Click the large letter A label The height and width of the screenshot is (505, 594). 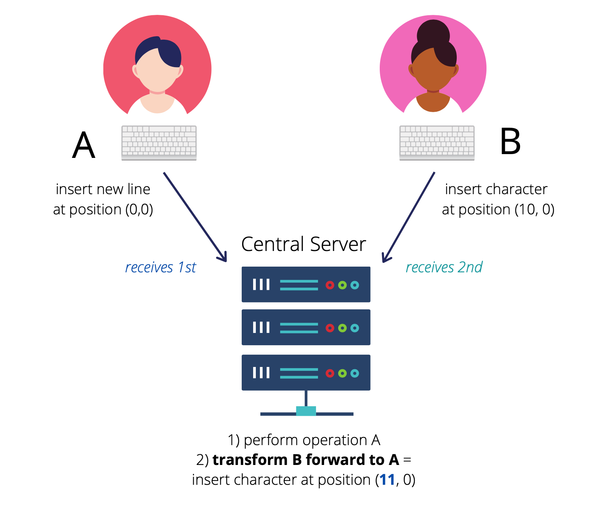click(83, 145)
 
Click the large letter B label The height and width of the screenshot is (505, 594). click(510, 142)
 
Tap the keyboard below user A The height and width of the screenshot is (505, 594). click(159, 143)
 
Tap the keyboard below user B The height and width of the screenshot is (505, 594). click(437, 143)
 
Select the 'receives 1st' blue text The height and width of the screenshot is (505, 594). click(161, 267)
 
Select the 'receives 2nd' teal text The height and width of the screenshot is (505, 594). click(444, 267)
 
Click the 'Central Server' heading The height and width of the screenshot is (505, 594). click(303, 244)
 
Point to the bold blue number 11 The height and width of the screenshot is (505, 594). click(387, 480)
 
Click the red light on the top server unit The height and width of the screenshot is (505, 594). click(330, 285)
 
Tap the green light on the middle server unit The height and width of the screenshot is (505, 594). click(342, 328)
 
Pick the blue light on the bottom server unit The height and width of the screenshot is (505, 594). click(355, 373)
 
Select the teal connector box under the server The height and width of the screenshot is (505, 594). click(306, 411)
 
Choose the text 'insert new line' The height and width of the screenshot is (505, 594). click(103, 189)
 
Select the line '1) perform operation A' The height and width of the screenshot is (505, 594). click(304, 440)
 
